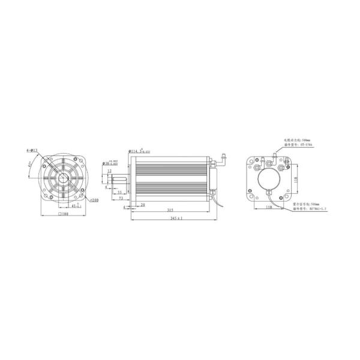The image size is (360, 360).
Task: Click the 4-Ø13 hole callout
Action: (x=32, y=150)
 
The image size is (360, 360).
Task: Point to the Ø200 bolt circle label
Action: (x=94, y=199)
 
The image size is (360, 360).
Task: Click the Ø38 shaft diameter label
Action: (x=113, y=161)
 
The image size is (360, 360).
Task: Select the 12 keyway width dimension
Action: (x=109, y=171)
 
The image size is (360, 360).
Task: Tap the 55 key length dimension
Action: (x=120, y=192)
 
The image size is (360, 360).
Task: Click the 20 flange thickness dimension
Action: (x=143, y=205)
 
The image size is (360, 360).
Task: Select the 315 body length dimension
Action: (x=171, y=211)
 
